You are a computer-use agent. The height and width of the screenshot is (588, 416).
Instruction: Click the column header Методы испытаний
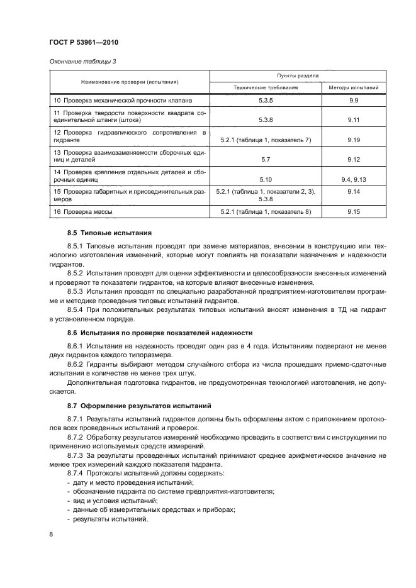[x=353, y=87]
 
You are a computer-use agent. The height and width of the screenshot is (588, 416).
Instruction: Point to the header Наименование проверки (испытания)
[x=130, y=82]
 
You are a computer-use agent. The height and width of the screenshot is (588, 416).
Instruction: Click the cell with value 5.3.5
[x=265, y=101]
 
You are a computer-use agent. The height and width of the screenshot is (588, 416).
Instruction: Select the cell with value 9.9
[x=353, y=101]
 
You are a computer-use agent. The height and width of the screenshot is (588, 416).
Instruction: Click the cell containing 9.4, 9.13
[x=353, y=179]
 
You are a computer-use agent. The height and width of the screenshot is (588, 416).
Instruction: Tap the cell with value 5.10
[x=265, y=179]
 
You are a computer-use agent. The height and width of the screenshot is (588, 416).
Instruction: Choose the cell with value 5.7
[x=265, y=160]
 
